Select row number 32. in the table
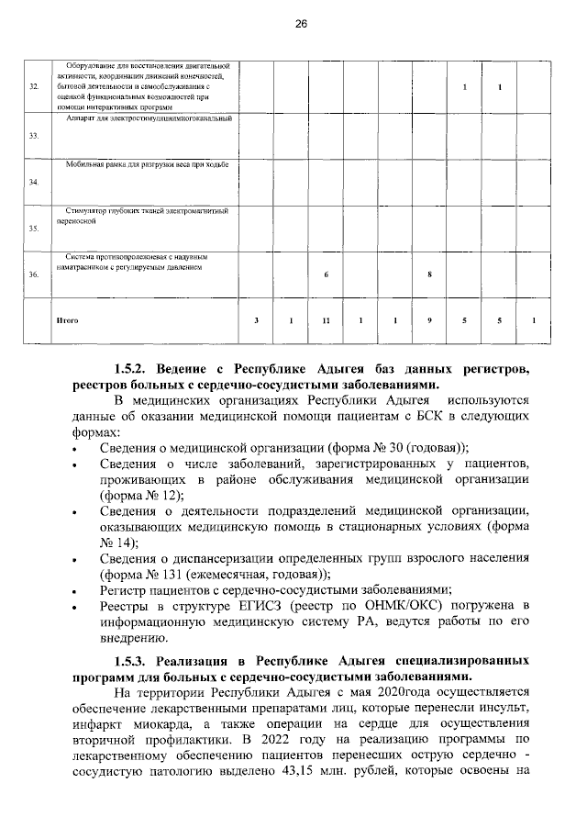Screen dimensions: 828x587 34,86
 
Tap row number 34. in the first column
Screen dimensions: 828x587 34,182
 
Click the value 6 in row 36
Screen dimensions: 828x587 326,274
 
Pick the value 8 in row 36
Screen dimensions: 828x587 429,274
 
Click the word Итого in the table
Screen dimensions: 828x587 67,320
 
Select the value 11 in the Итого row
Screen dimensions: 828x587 326,320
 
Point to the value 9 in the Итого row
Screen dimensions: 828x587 429,320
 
